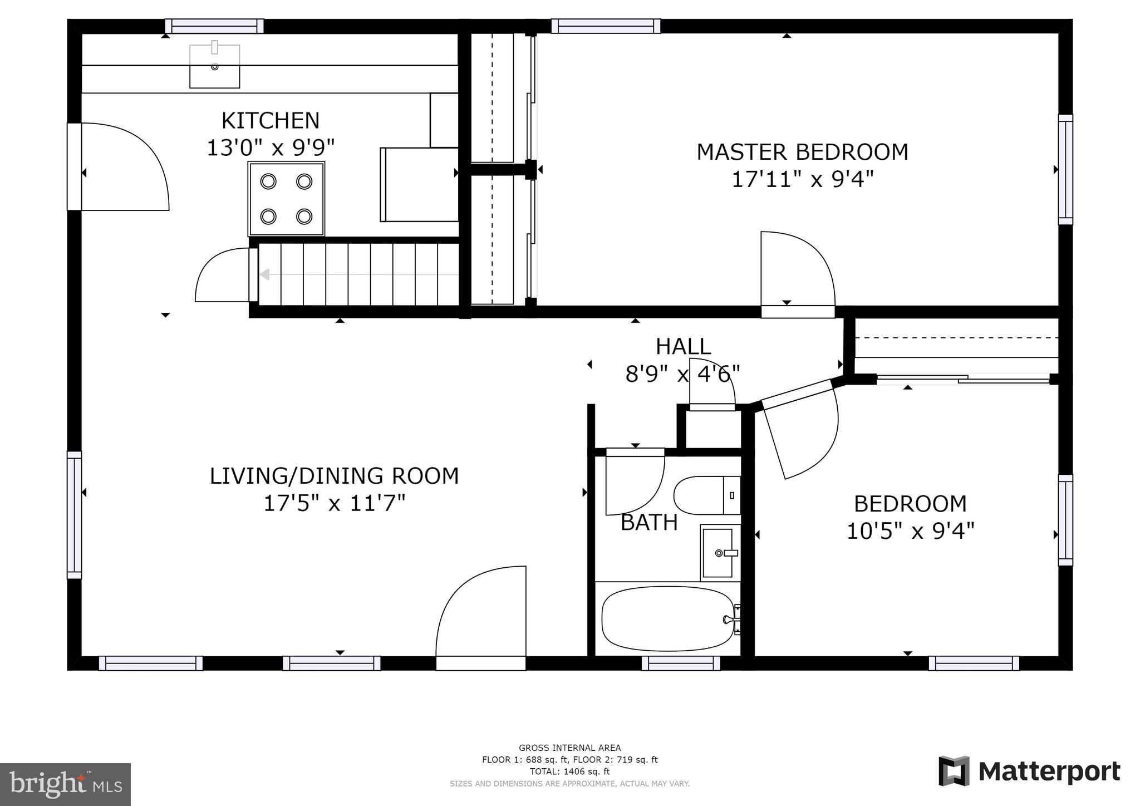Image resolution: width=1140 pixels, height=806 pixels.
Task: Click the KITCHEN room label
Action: [271, 121]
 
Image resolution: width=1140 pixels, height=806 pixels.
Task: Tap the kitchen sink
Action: [215, 66]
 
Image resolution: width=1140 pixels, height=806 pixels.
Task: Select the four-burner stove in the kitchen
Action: [286, 199]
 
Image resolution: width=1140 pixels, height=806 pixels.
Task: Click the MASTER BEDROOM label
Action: [802, 152]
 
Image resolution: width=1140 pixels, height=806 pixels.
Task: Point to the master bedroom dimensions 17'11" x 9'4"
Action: [802, 180]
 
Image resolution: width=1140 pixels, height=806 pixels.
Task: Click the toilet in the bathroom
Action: [707, 495]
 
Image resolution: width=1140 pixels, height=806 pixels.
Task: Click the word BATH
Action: [649, 523]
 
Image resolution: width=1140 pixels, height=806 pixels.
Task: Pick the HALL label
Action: [683, 347]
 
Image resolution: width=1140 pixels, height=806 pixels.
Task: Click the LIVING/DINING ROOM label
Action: [334, 476]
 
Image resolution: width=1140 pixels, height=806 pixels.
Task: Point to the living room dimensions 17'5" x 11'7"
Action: [334, 504]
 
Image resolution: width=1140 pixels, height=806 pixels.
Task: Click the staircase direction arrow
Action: [359, 274]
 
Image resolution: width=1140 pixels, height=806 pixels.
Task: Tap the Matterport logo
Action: [1029, 771]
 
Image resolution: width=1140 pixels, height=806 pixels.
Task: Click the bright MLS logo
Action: [65, 784]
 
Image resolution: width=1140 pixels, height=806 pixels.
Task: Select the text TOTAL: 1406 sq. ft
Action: [569, 771]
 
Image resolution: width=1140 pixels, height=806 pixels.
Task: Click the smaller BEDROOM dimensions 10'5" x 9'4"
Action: [910, 531]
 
